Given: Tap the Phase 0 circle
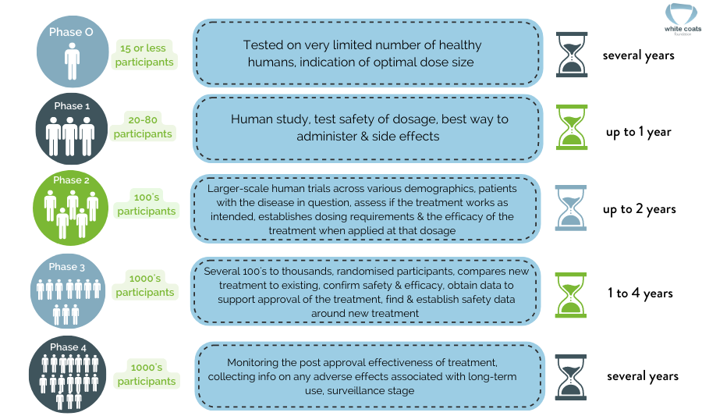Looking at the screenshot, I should [x=71, y=52].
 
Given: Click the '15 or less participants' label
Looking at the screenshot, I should [x=145, y=55].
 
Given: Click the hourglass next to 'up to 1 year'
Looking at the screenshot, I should [x=572, y=127].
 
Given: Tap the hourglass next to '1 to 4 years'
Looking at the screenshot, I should [x=572, y=294].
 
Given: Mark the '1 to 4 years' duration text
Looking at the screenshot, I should [x=640, y=293].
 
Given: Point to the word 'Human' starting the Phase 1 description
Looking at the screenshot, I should [x=250, y=119].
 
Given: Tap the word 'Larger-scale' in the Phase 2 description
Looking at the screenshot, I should [x=237, y=188].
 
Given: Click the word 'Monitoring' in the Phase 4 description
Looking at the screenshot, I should [x=255, y=363].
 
